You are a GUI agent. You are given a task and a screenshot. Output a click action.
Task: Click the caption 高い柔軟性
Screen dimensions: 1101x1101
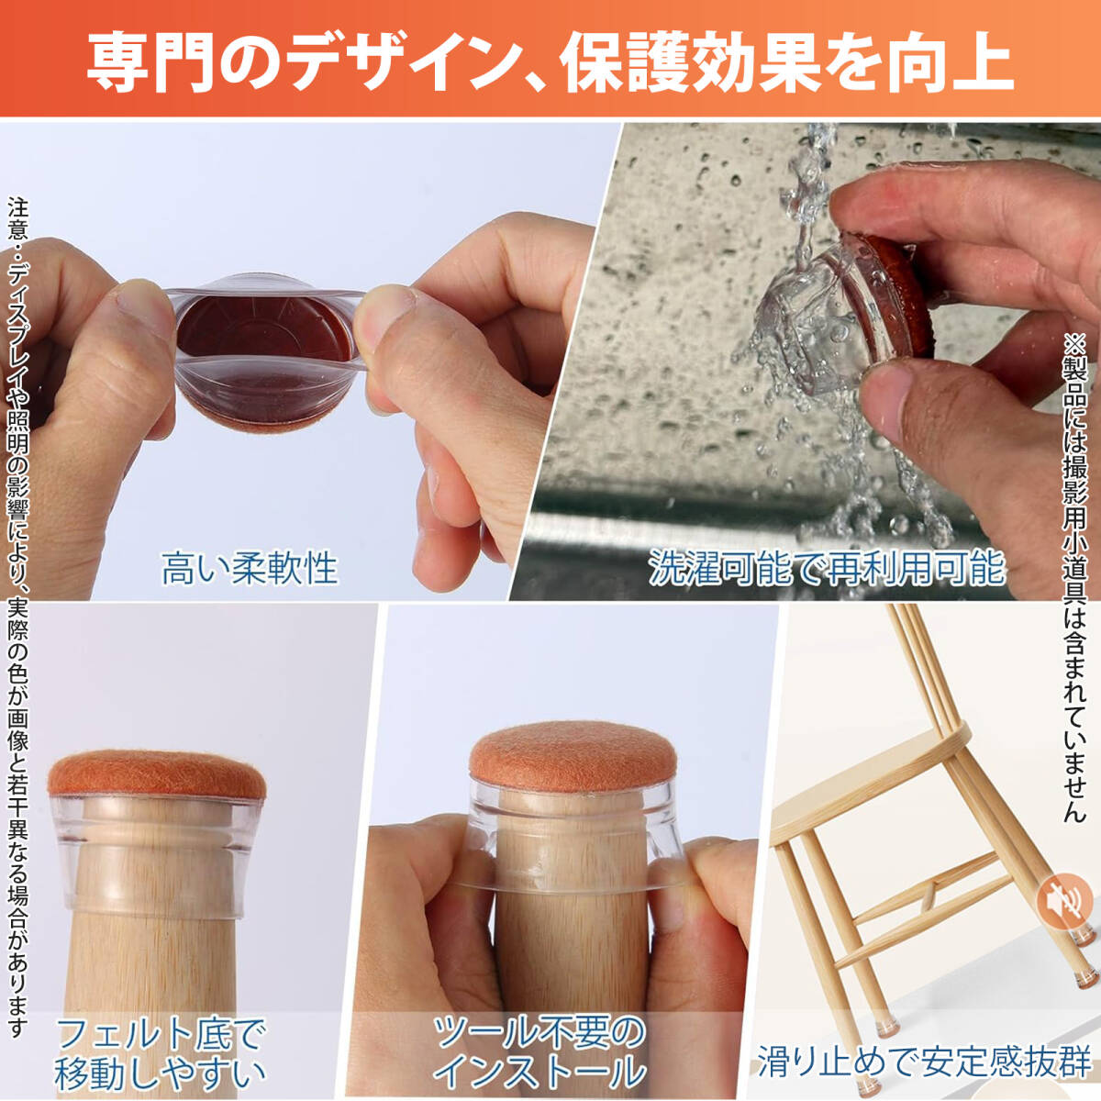click(250, 568)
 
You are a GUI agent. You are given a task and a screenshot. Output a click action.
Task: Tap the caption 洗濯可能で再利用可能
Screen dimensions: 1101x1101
click(827, 567)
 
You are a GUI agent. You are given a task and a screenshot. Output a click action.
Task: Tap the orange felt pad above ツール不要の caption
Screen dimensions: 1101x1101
click(573, 756)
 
